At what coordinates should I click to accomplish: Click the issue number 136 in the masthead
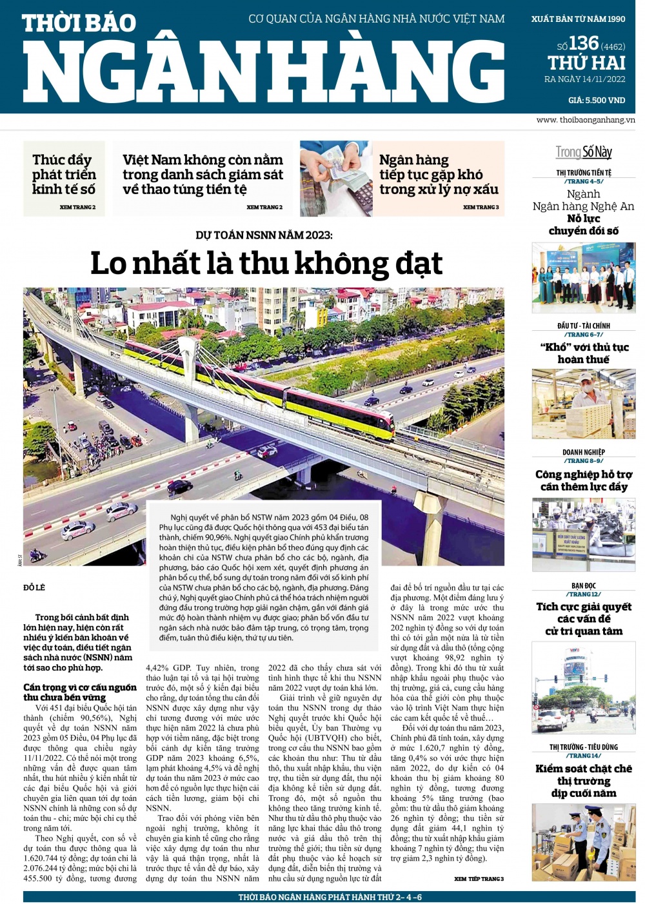584,44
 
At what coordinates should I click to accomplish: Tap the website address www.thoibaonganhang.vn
585,120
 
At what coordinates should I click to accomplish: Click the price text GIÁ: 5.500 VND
596,100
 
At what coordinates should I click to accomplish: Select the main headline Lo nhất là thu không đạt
266,263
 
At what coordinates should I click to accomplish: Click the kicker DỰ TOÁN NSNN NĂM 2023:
264,235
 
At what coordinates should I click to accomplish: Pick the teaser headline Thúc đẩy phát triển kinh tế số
64,174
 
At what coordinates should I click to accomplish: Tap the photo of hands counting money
335,179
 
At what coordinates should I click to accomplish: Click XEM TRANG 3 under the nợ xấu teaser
481,207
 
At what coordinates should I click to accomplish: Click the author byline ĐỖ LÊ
34,587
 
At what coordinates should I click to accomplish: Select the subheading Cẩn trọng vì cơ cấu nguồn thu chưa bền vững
80,692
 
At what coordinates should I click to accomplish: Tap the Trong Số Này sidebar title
584,152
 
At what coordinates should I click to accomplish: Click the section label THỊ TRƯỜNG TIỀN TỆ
584,173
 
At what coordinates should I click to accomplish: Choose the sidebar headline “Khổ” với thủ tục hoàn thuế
584,353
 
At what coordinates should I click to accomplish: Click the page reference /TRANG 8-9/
584,461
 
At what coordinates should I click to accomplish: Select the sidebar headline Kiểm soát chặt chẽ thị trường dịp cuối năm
584,781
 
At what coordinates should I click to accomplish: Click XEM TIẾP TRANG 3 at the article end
479,879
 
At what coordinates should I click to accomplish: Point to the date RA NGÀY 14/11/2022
585,79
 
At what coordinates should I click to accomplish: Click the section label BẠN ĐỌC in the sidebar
584,585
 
